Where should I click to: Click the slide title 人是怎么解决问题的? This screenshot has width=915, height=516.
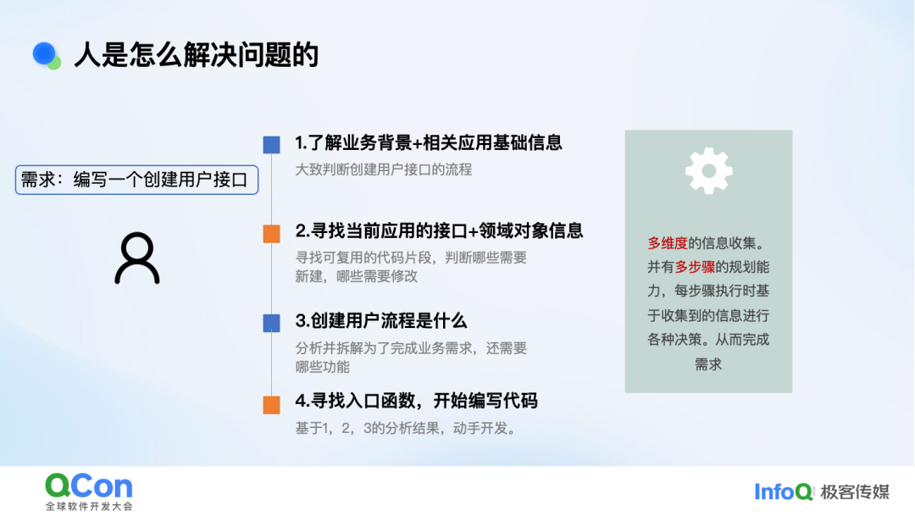tap(196, 55)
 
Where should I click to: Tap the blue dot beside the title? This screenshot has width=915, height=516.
tap(44, 53)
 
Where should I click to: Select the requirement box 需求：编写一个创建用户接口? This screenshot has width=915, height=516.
tap(136, 180)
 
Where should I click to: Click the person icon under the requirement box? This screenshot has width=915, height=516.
tap(137, 258)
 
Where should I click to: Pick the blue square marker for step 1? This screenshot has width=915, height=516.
tap(271, 145)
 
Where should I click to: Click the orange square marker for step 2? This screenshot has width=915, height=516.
tap(271, 234)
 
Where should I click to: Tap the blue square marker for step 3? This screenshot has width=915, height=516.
tap(271, 323)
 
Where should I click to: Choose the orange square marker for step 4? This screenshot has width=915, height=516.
tap(271, 404)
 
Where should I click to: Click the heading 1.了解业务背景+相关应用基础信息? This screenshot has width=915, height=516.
tap(429, 143)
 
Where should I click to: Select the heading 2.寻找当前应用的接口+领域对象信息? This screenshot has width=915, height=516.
tap(439, 231)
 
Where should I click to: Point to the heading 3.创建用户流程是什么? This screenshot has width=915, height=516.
tap(380, 321)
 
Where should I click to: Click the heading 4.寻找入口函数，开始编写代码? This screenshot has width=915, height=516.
tap(416, 401)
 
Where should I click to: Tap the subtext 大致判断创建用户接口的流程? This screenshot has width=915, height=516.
tap(384, 169)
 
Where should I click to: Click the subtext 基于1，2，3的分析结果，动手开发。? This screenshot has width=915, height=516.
tap(406, 429)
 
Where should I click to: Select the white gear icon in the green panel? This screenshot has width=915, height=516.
tap(708, 170)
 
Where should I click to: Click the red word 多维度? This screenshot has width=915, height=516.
tap(668, 243)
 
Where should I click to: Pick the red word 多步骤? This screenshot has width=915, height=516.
tap(695, 268)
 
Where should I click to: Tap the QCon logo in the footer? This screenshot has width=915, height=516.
tap(89, 491)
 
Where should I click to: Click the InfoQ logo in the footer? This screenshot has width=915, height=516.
tap(783, 492)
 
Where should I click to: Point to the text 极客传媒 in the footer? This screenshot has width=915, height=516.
tap(854, 492)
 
